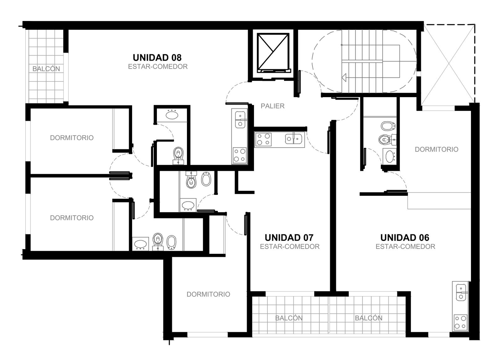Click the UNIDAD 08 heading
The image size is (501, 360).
(157, 58)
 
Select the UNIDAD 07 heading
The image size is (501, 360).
(289, 237)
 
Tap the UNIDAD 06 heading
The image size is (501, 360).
(405, 237)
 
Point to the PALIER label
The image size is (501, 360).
(272, 106)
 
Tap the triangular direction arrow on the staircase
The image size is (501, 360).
(344, 77)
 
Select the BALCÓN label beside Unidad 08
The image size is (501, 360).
(46, 69)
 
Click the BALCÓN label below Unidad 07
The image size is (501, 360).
(289, 318)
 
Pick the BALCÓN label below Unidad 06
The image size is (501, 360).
(369, 318)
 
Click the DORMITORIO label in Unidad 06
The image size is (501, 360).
(436, 149)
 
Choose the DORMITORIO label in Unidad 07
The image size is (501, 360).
(208, 294)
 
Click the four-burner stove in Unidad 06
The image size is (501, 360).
(461, 322)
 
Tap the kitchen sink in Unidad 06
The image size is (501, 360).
(461, 292)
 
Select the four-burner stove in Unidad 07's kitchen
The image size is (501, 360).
(263, 139)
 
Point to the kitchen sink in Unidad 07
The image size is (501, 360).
(294, 139)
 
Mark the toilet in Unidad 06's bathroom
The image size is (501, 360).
(387, 139)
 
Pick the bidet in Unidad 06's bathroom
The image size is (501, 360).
(388, 126)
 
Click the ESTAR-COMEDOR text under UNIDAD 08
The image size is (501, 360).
(158, 67)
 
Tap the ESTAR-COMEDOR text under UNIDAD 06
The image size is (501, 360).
(405, 247)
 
